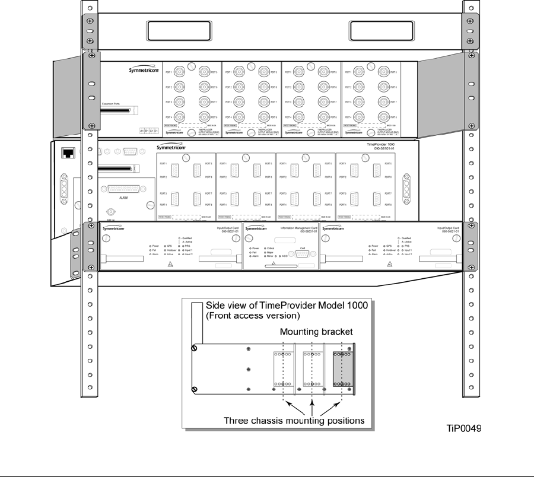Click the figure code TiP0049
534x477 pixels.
coord(464,428)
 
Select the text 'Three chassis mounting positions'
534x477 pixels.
coord(294,421)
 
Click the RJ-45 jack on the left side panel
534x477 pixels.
coord(66,152)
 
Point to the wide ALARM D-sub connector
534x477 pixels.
coord(123,189)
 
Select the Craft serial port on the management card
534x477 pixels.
coord(302,255)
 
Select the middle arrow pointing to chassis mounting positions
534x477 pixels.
coord(311,403)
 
